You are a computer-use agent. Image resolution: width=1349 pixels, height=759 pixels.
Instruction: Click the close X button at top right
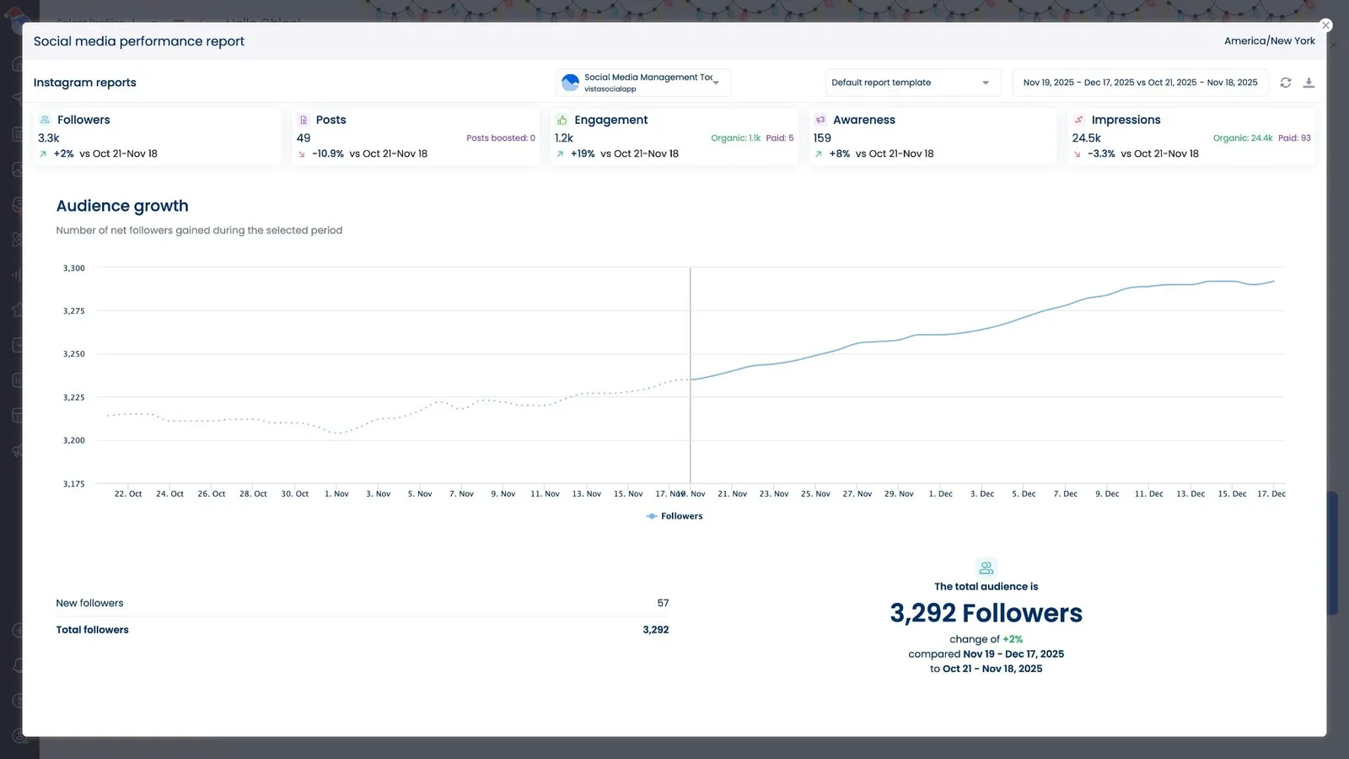point(1325,25)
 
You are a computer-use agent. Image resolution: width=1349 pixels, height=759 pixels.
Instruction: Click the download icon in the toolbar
point(1309,83)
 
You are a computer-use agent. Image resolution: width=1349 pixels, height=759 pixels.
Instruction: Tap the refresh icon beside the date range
point(1285,83)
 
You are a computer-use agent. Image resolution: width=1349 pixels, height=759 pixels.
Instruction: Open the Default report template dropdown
point(911,83)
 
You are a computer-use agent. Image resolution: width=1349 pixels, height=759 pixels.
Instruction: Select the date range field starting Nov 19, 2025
point(1139,83)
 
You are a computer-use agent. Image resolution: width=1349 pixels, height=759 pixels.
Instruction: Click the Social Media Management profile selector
point(643,83)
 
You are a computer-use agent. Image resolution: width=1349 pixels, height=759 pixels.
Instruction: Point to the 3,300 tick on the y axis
point(74,268)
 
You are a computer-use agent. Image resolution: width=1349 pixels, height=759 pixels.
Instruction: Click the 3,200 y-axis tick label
point(74,440)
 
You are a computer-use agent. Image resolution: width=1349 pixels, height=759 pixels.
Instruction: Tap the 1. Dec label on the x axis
point(940,494)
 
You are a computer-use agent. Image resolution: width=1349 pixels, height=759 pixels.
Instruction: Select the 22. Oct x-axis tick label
point(128,494)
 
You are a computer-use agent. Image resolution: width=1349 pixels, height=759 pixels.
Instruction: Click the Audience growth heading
point(122,206)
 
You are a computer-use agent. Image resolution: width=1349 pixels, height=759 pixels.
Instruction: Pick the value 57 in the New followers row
point(663,603)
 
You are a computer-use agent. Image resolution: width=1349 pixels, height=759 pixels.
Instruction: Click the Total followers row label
point(93,630)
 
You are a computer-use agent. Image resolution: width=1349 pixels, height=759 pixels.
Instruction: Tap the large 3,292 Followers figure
point(986,613)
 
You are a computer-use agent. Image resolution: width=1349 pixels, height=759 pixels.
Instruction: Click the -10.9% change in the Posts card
point(328,153)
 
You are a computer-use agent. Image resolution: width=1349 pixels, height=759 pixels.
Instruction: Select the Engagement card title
point(610,120)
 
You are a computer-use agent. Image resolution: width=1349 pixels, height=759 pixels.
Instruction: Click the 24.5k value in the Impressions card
point(1086,137)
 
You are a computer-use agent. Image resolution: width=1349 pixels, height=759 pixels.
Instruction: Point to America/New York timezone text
point(1269,40)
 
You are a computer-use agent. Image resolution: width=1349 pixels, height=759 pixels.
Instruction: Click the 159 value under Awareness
point(822,137)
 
